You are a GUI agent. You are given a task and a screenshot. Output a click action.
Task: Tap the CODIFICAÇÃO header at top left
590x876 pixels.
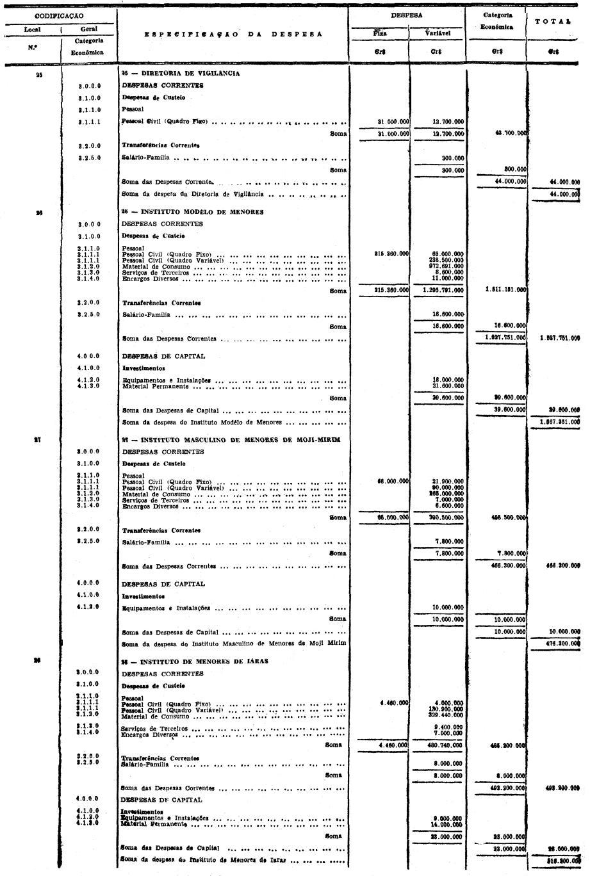[x=59, y=15]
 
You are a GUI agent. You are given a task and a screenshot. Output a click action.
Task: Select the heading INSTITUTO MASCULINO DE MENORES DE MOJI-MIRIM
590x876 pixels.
[x=231, y=439]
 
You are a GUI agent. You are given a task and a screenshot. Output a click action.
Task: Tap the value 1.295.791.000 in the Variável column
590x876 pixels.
[x=444, y=291]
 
